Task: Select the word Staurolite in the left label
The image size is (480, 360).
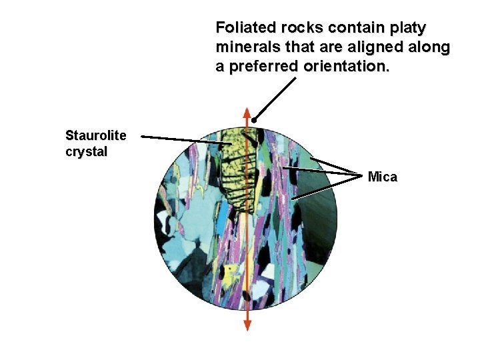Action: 95,135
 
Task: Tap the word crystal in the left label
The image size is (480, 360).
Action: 86,151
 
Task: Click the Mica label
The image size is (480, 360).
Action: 382,177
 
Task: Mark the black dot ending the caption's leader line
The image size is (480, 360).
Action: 255,121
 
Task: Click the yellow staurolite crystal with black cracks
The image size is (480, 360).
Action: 239,170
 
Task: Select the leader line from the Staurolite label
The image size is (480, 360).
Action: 183,140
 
